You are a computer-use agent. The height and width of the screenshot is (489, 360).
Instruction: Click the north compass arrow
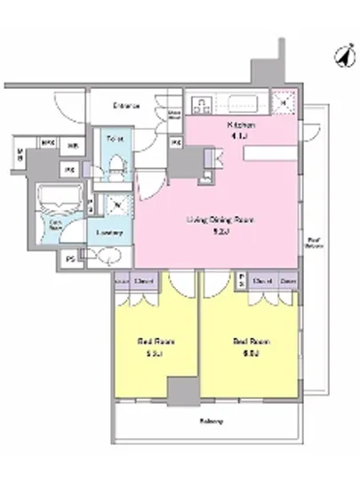point(340,54)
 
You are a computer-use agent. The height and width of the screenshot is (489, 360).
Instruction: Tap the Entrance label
point(125,106)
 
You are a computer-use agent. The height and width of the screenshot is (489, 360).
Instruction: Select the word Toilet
point(113,140)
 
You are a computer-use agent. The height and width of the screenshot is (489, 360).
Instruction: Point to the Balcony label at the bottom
point(210,421)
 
